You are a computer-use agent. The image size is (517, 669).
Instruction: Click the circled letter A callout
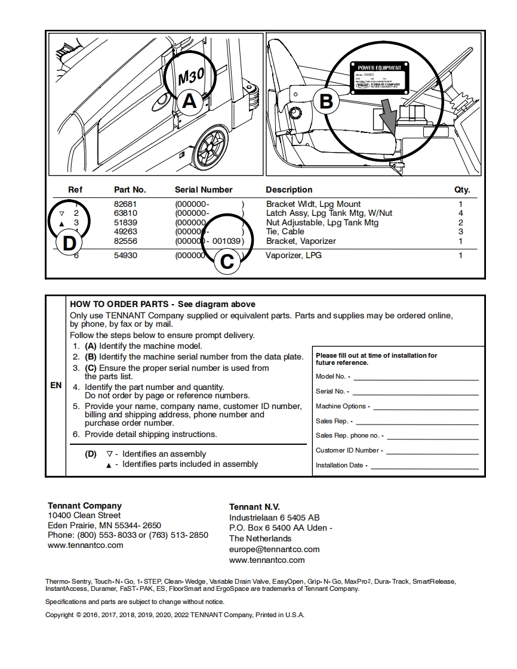[189, 101]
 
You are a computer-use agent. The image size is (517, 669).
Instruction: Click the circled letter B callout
[326, 101]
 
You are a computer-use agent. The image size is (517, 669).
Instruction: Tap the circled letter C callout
[227, 261]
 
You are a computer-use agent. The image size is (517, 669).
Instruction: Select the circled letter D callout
[70, 243]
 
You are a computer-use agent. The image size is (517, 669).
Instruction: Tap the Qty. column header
[462, 190]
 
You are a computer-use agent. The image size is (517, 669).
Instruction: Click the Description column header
[289, 190]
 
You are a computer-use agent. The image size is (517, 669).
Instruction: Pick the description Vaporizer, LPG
[294, 255]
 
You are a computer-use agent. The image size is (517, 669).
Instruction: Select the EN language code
[56, 385]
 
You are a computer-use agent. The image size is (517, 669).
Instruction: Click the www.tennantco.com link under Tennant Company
[85, 545]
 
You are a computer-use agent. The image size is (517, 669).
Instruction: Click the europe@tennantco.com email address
[274, 549]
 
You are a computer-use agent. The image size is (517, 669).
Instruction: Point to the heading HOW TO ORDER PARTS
[122, 304]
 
